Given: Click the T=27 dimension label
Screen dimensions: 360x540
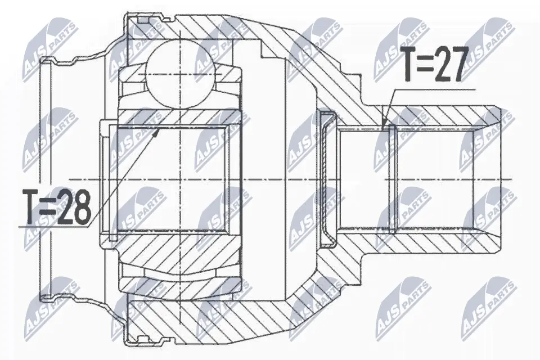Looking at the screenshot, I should [x=433, y=65].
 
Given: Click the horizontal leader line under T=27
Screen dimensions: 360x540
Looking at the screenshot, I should [x=433, y=89].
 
